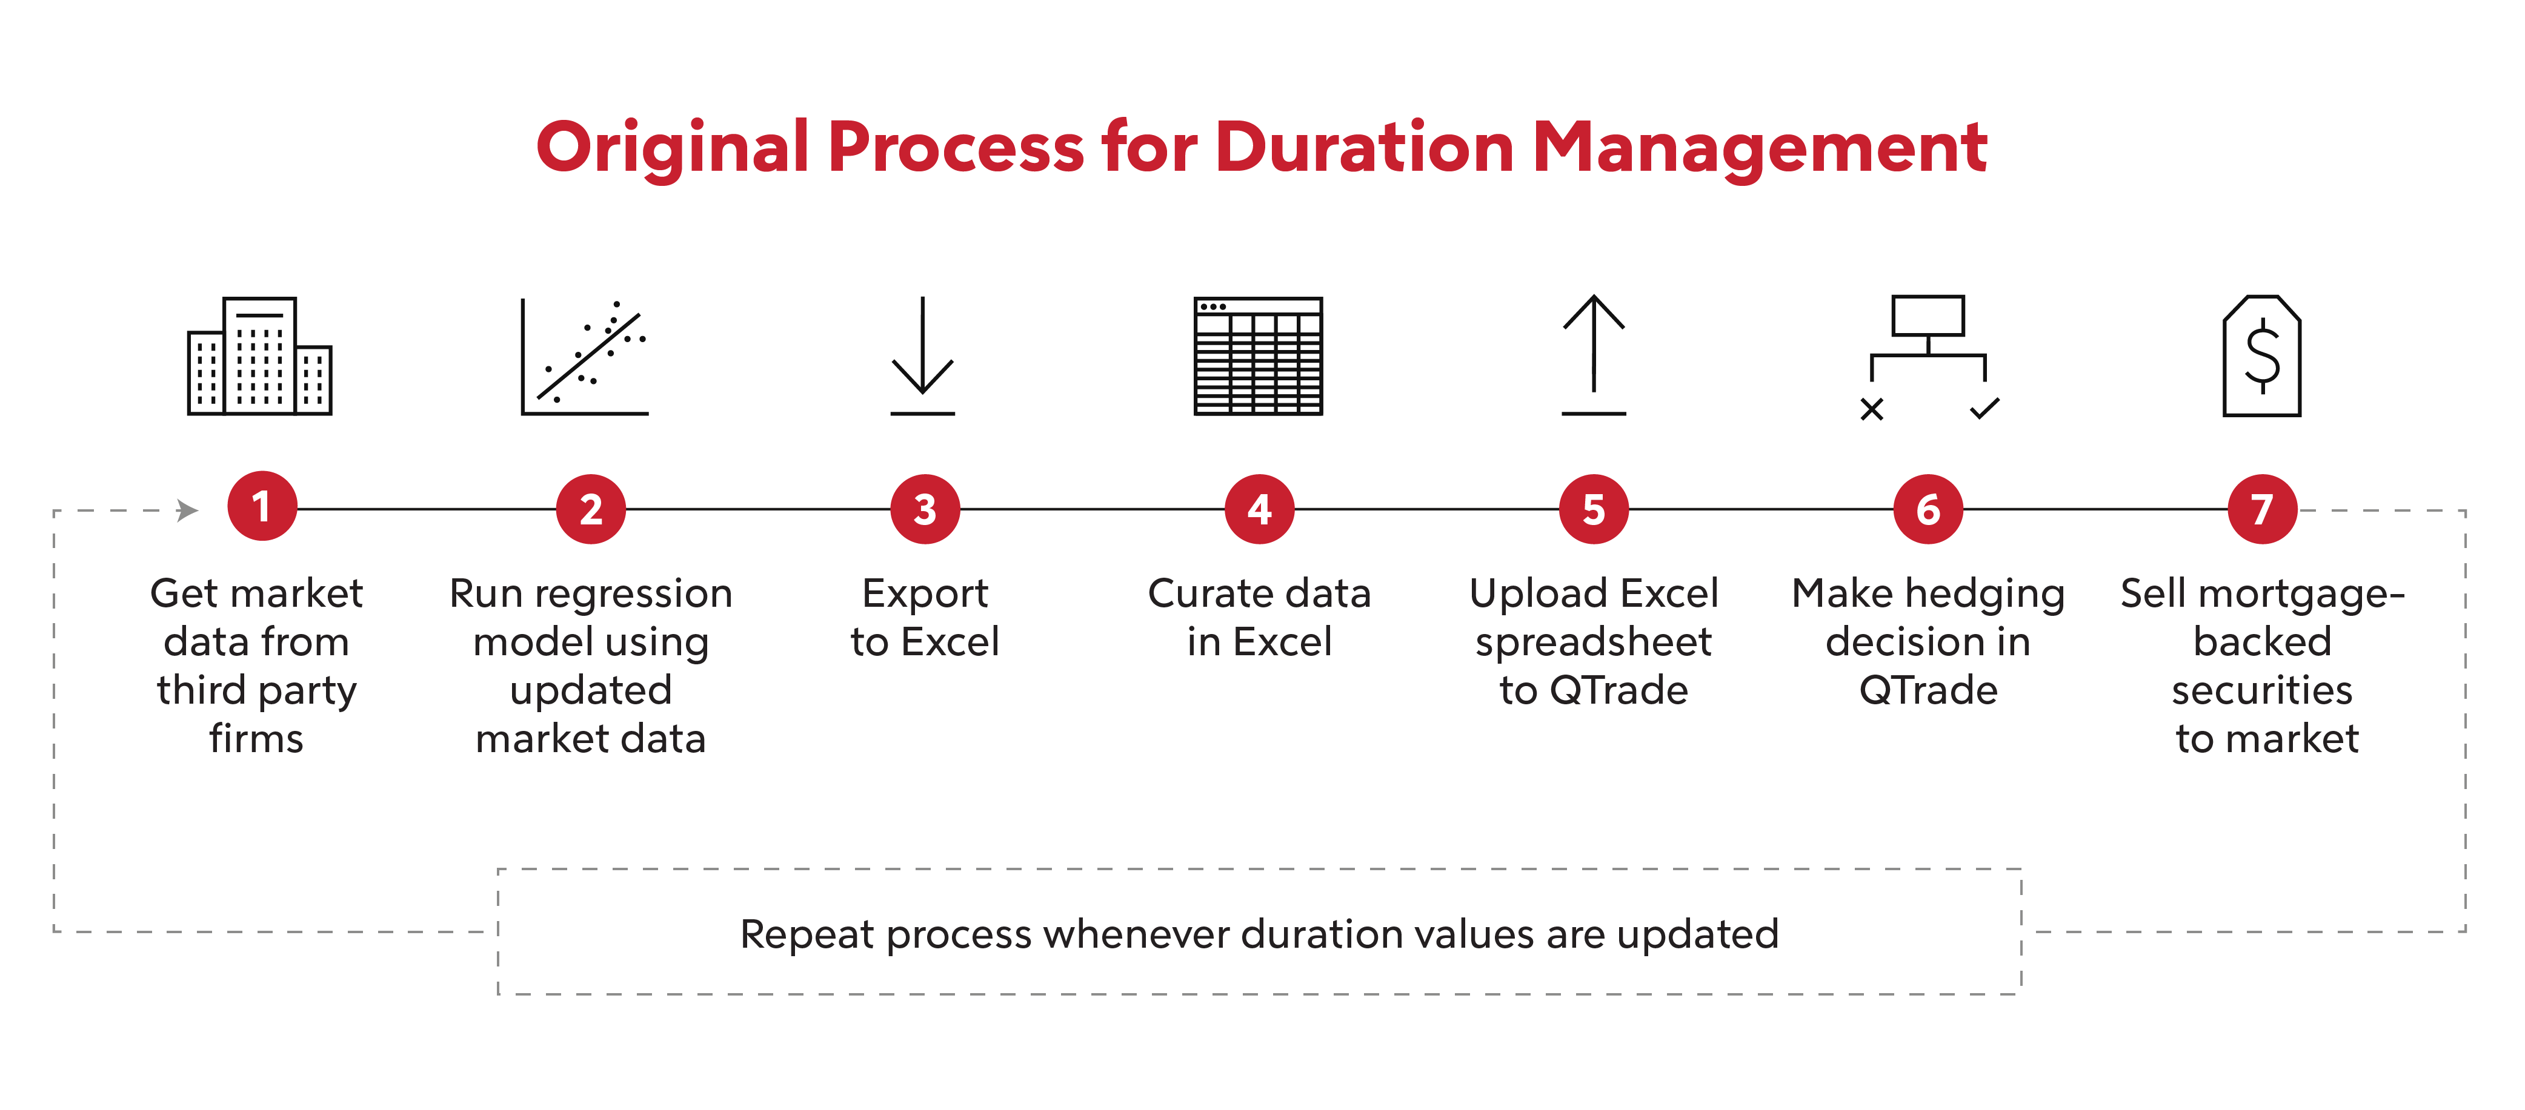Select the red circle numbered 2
pyautogui.click(x=591, y=509)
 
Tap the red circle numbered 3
pyautogui.click(x=925, y=509)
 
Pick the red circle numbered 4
pyautogui.click(x=1260, y=509)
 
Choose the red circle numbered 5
pyautogui.click(x=1594, y=509)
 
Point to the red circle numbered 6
pyautogui.click(x=1928, y=509)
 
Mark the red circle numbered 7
pyautogui.click(x=2262, y=509)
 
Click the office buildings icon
pyautogui.click(x=260, y=355)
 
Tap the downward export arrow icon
pyautogui.click(x=922, y=355)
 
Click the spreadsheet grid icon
pyautogui.click(x=1259, y=355)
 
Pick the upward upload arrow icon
pyautogui.click(x=1594, y=355)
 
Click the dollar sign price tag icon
pyautogui.click(x=2262, y=355)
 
